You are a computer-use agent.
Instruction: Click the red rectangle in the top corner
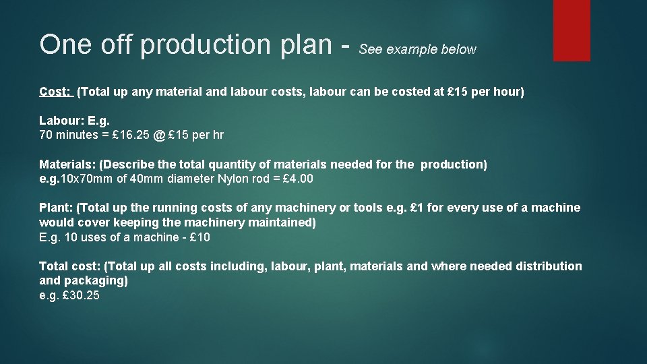click(571, 30)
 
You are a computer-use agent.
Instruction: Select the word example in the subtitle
click(412, 50)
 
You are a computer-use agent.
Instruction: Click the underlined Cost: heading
click(55, 92)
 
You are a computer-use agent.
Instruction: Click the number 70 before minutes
click(47, 135)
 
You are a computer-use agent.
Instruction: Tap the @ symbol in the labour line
click(158, 135)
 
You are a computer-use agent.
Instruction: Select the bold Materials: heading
click(67, 164)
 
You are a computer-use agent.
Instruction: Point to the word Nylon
click(236, 179)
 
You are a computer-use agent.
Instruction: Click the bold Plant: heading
click(57, 208)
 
